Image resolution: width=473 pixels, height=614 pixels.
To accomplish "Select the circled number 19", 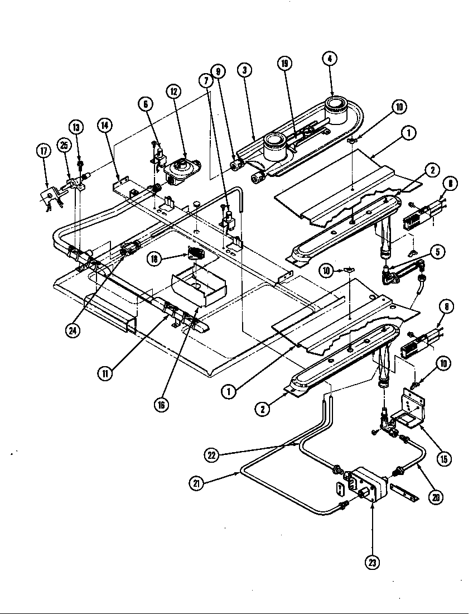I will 285,64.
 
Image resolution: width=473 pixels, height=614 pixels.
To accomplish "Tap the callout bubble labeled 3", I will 244,70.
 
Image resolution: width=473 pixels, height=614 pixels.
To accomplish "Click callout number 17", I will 43,151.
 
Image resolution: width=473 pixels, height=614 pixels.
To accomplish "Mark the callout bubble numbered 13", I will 76,127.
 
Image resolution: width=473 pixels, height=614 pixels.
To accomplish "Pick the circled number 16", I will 161,405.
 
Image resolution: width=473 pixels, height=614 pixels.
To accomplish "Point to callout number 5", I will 438,252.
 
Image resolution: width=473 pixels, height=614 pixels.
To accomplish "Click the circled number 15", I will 444,459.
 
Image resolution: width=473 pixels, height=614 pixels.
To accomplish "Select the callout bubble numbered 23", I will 372,562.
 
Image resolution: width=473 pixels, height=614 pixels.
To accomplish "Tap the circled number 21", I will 196,484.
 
